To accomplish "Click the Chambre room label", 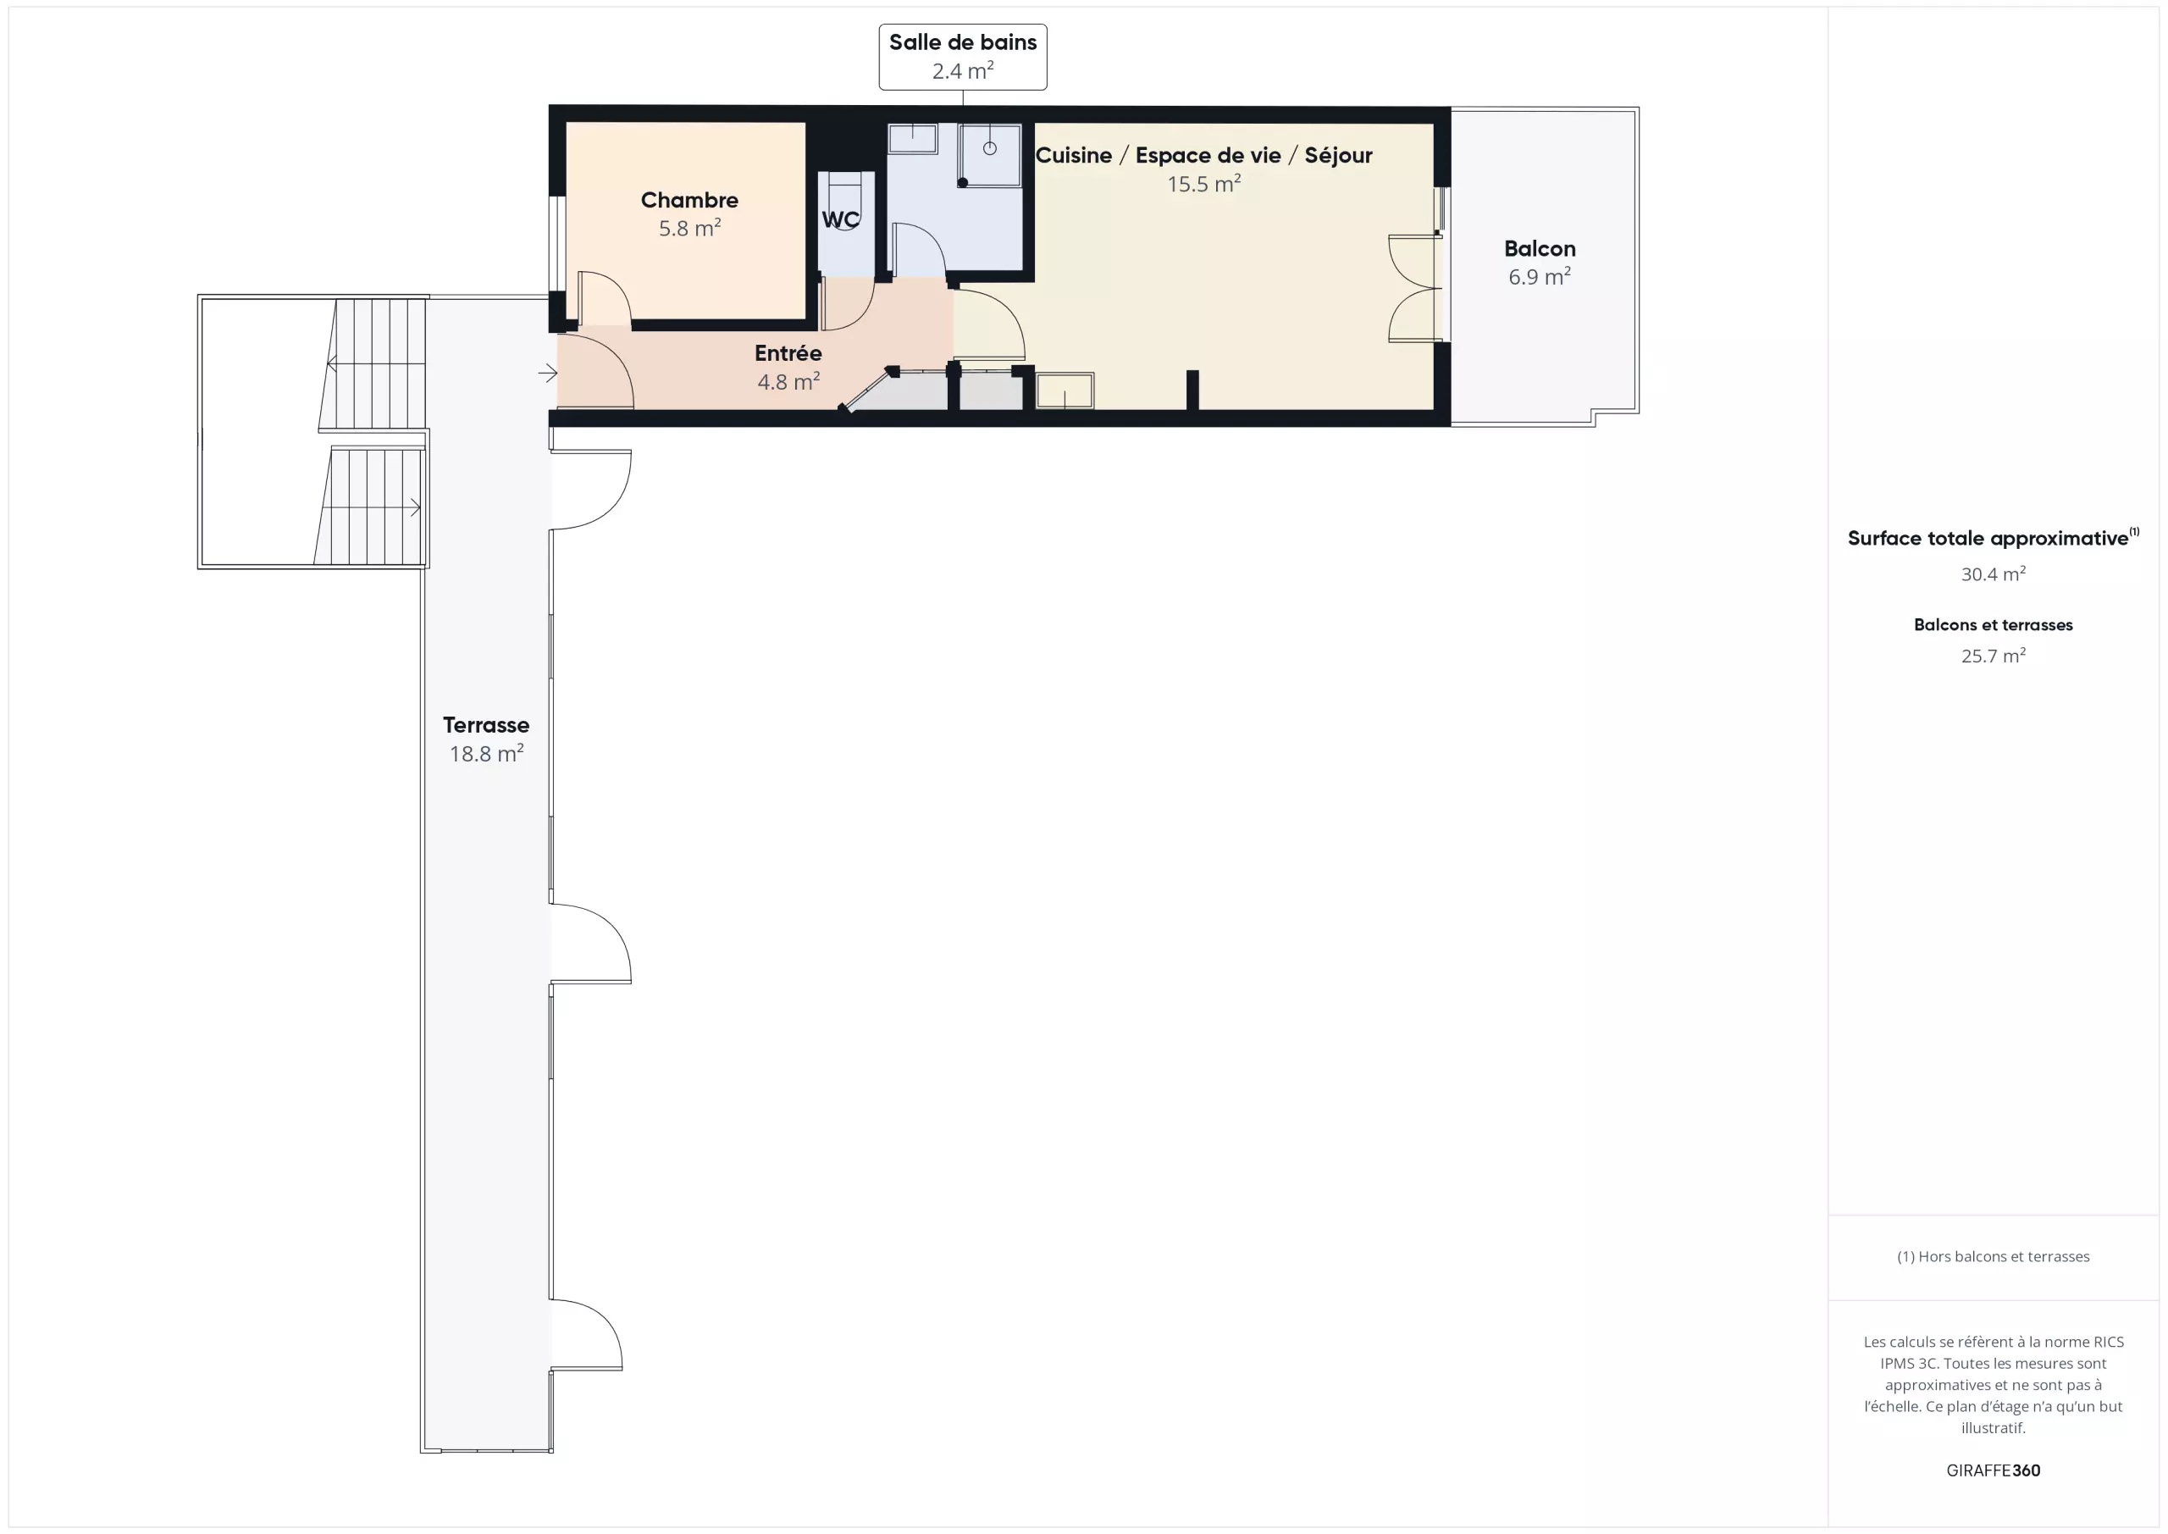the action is coord(689,200).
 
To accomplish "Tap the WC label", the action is coord(840,220).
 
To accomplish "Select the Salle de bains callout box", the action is coord(962,57).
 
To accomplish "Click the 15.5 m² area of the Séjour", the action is coord(1204,183).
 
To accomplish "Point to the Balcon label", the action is coord(1539,248).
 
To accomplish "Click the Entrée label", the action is coord(788,353).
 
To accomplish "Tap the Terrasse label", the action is coord(486,725).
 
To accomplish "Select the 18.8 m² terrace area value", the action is coord(486,754).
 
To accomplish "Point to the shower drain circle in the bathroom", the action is coord(990,148).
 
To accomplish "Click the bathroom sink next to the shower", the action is coord(912,139).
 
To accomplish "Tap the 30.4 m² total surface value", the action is coord(1993,574).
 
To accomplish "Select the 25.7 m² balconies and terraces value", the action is coord(1993,656).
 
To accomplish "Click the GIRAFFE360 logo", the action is coord(1993,1470).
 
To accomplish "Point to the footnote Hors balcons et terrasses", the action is coord(1993,1256).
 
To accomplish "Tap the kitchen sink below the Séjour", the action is coord(1065,391).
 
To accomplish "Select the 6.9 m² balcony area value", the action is coord(1539,277).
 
